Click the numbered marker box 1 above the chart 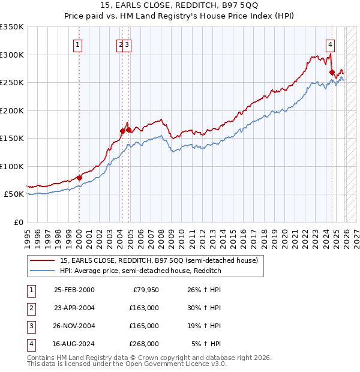[x=79, y=44]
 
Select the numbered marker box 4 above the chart [x=331, y=44]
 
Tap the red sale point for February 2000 [x=79, y=178]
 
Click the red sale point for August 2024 [x=332, y=73]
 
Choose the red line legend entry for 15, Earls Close [x=158, y=260]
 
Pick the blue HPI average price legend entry [x=140, y=271]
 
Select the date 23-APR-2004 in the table [x=74, y=308]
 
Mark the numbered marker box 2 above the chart [x=121, y=44]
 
